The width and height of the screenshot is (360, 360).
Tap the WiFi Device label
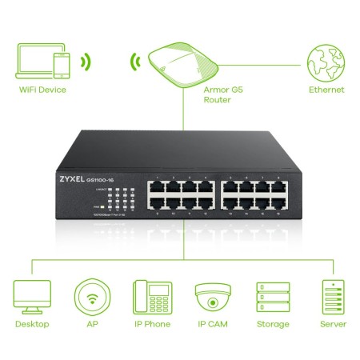pyautogui.click(x=43, y=90)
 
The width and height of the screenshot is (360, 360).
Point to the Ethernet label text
pyautogui.click(x=326, y=90)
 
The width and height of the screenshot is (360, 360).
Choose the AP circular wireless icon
pyautogui.click(x=90, y=297)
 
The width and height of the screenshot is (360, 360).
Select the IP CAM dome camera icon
pyautogui.click(x=210, y=298)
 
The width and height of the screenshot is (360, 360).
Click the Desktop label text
pyautogui.click(x=32, y=324)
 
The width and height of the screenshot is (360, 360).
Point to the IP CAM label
pyautogui.click(x=210, y=324)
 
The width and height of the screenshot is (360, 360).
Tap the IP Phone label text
pyautogui.click(x=150, y=324)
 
